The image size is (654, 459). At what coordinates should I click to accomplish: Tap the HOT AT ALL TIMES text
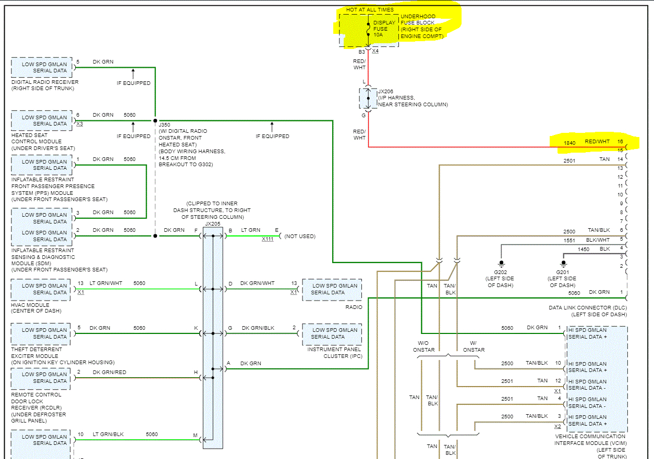point(370,10)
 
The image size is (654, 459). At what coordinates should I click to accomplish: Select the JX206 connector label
point(385,91)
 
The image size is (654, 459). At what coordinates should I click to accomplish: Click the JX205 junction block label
point(212,224)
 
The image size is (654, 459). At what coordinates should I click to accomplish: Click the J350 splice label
point(165,125)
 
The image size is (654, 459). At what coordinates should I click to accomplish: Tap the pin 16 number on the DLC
point(620,141)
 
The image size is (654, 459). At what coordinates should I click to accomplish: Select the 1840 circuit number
point(570,142)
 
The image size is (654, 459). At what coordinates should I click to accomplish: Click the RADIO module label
point(353,307)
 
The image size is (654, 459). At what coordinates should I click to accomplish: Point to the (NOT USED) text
point(300,236)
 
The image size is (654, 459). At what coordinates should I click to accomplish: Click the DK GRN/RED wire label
point(109,372)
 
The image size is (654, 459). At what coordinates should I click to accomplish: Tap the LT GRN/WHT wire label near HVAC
point(106,283)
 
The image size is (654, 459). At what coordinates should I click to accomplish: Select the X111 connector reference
point(268,239)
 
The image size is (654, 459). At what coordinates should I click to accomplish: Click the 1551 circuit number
point(570,240)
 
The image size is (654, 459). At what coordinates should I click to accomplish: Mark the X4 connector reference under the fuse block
point(375,51)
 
